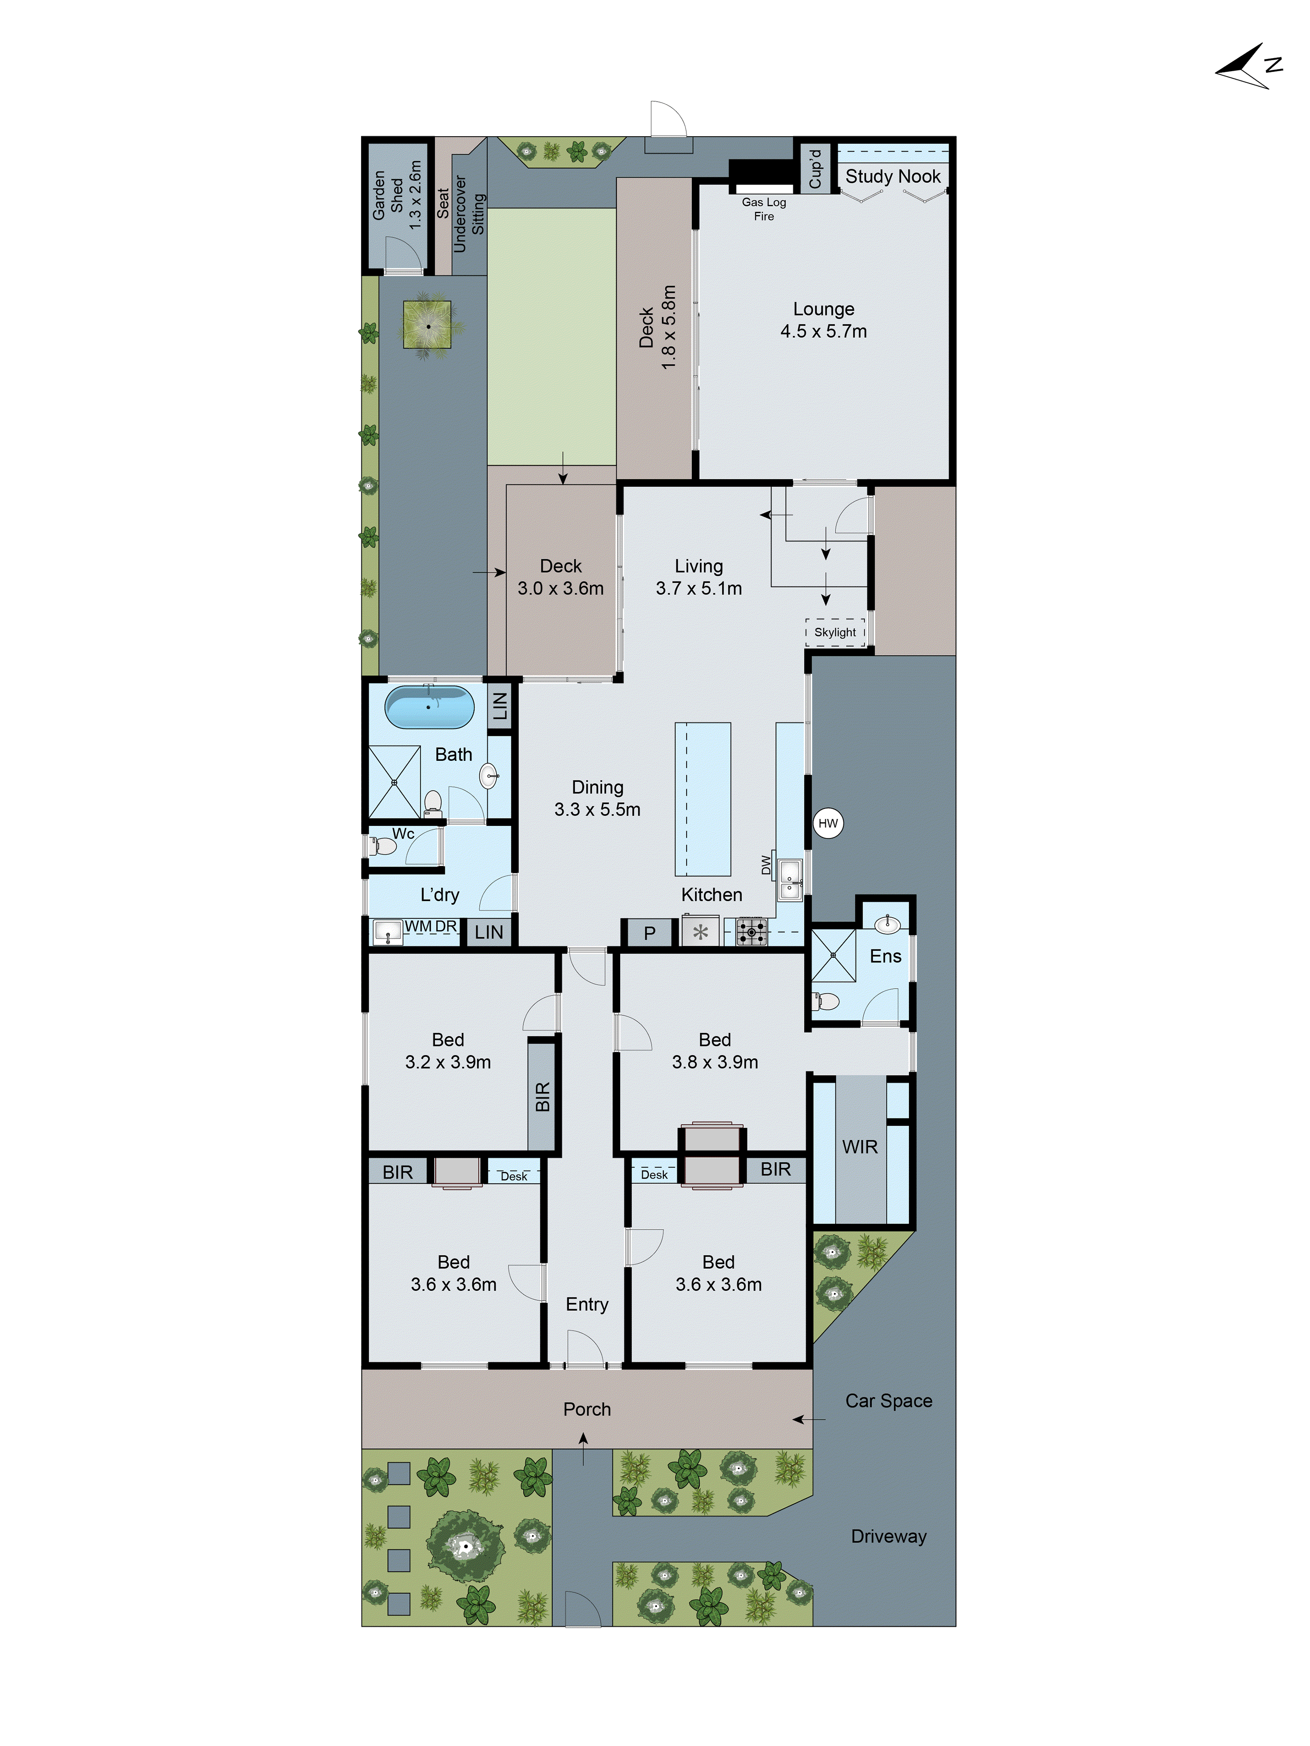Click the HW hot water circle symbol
click(827, 823)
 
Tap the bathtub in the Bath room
click(429, 706)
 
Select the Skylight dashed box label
click(835, 632)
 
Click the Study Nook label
click(893, 176)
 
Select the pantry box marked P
click(650, 933)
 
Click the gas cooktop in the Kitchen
click(751, 933)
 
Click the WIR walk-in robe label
click(860, 1147)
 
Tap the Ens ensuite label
click(885, 957)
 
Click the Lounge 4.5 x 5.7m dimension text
click(823, 331)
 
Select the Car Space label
click(889, 1401)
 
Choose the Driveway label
click(889, 1536)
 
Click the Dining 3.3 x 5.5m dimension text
click(598, 809)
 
